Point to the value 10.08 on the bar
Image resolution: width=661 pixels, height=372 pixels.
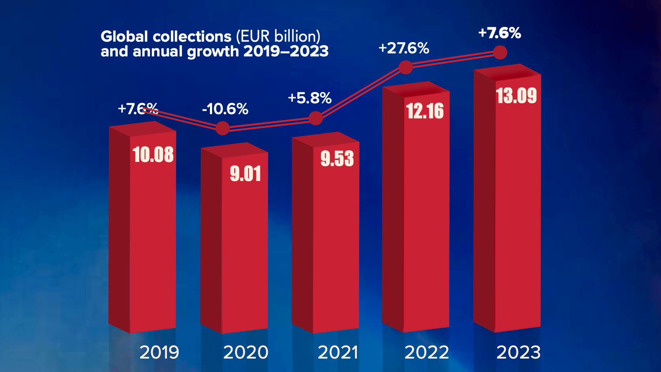coord(153,155)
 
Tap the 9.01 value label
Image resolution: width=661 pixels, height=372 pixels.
coord(245,174)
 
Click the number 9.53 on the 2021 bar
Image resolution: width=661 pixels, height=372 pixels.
coord(337,159)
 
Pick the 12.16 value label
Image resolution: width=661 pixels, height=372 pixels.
coord(425,111)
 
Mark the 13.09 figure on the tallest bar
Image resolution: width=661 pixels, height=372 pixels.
coord(516,96)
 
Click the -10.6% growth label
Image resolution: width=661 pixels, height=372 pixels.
coord(225,109)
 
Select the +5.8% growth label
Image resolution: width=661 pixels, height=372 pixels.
coord(310,98)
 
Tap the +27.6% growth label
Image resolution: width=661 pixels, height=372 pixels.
coord(404,48)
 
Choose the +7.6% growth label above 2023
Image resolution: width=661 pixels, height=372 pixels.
coord(499,33)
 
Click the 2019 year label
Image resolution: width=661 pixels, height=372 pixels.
coord(159,352)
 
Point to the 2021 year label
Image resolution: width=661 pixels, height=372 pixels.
coord(338,352)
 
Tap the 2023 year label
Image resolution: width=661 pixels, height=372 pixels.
coord(518,352)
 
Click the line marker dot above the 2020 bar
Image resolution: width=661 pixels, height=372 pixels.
coord(223,128)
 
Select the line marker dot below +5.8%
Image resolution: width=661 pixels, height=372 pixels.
coord(316,118)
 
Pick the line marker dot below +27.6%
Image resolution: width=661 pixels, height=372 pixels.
coord(406,67)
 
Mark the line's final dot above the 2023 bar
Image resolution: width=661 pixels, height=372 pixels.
coord(500,53)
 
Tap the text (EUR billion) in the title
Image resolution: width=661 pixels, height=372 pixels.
coord(278,36)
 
